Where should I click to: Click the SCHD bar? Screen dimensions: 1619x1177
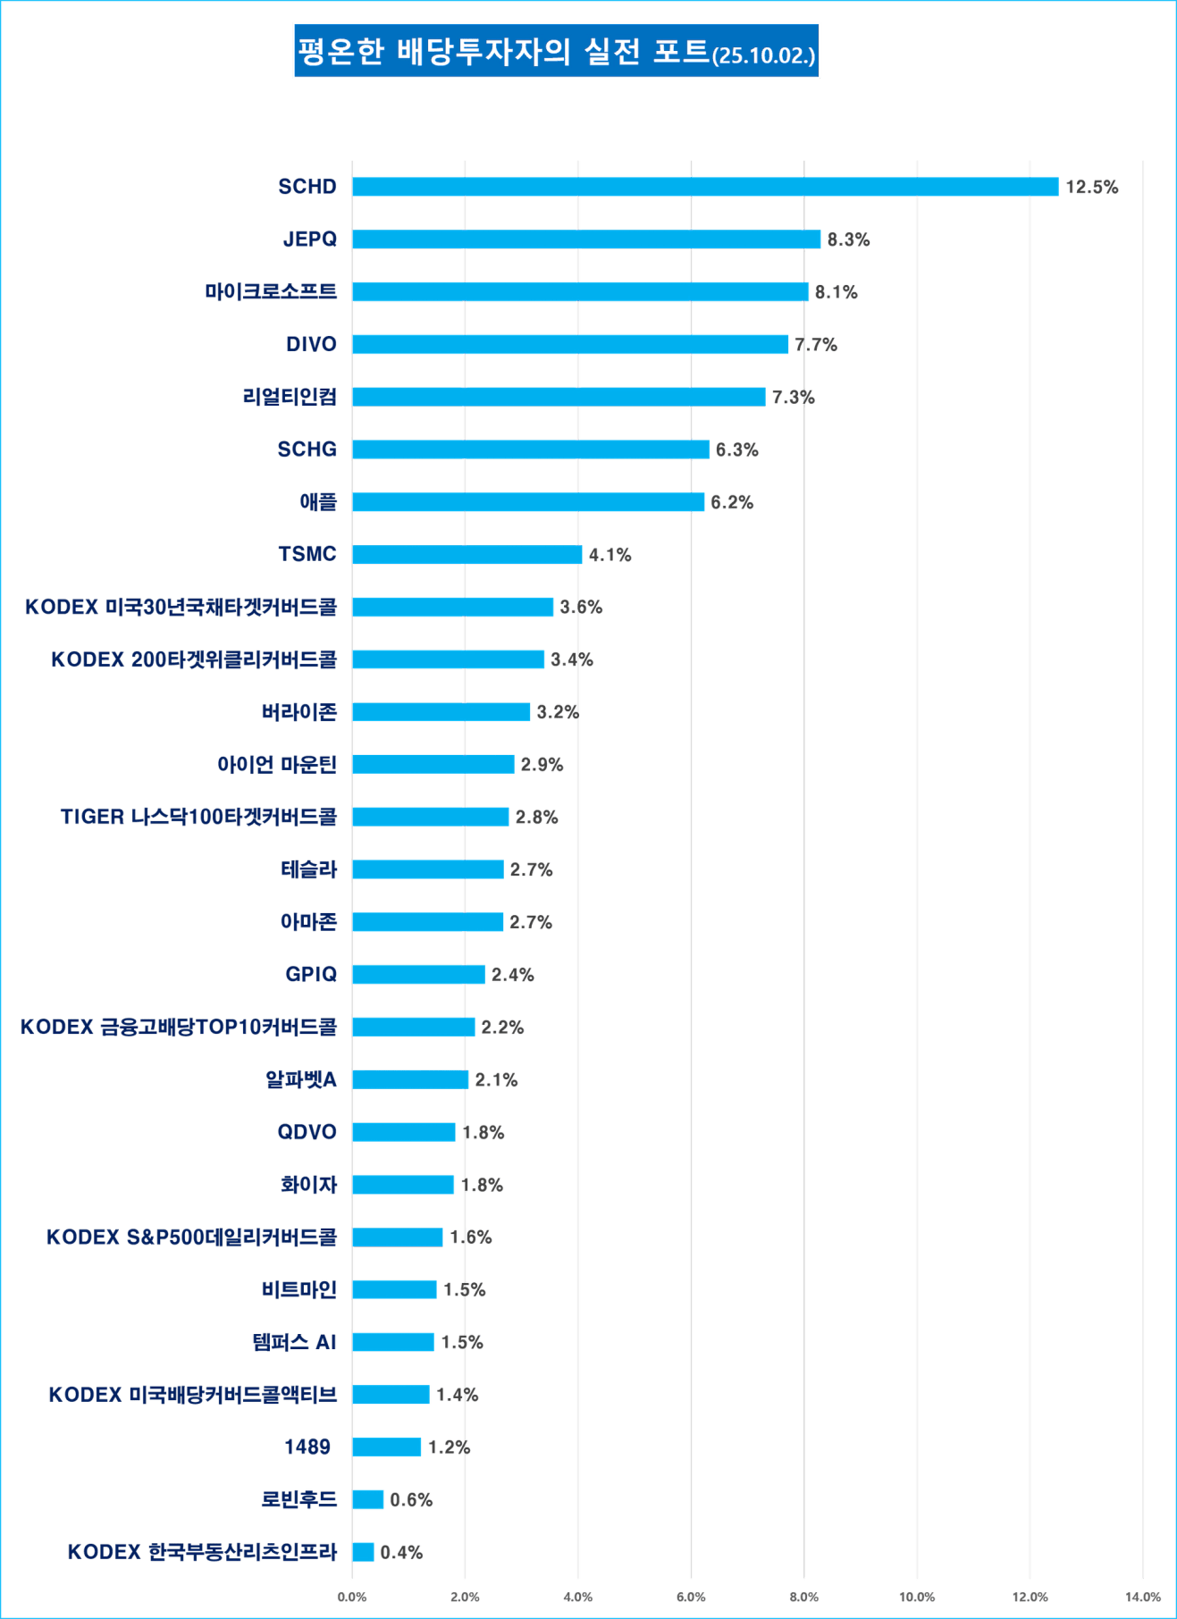point(705,187)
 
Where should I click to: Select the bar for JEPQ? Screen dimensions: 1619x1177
point(587,239)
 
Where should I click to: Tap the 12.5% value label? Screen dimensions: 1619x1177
point(1091,187)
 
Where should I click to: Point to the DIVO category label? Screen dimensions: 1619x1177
point(311,344)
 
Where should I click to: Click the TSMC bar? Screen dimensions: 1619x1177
point(467,555)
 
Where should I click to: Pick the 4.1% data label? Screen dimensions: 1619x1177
point(610,555)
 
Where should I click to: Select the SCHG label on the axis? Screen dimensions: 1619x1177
point(307,449)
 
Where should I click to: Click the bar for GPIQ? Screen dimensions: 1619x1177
point(419,975)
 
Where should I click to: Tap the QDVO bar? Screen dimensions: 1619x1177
point(404,1132)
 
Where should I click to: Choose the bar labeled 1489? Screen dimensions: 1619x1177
point(387,1447)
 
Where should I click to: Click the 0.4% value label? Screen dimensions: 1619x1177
point(401,1552)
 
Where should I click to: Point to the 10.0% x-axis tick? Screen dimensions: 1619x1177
point(917,1597)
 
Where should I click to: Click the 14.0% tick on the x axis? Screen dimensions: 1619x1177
point(1143,1597)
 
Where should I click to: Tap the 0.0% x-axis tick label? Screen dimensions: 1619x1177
point(352,1597)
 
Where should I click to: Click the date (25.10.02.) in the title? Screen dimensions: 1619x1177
point(763,55)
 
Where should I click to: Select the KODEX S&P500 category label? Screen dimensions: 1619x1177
point(191,1237)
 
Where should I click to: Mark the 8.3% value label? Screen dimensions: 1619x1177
point(848,239)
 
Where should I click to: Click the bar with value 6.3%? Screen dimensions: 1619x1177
point(531,449)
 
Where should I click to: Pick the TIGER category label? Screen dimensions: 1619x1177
point(198,817)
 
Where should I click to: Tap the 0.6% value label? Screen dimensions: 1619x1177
point(411,1500)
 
